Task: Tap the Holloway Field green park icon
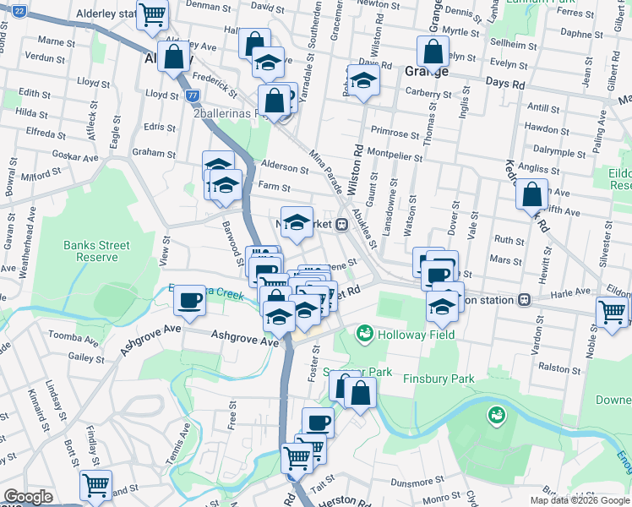(x=365, y=335)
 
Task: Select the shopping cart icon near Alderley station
(x=153, y=14)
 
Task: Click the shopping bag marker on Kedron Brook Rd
(x=531, y=194)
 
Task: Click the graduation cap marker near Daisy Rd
(x=363, y=81)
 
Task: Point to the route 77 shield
(x=193, y=96)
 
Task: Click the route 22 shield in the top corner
(x=19, y=11)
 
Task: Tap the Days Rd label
(x=505, y=84)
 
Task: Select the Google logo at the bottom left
(x=28, y=497)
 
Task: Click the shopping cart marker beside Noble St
(x=612, y=311)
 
